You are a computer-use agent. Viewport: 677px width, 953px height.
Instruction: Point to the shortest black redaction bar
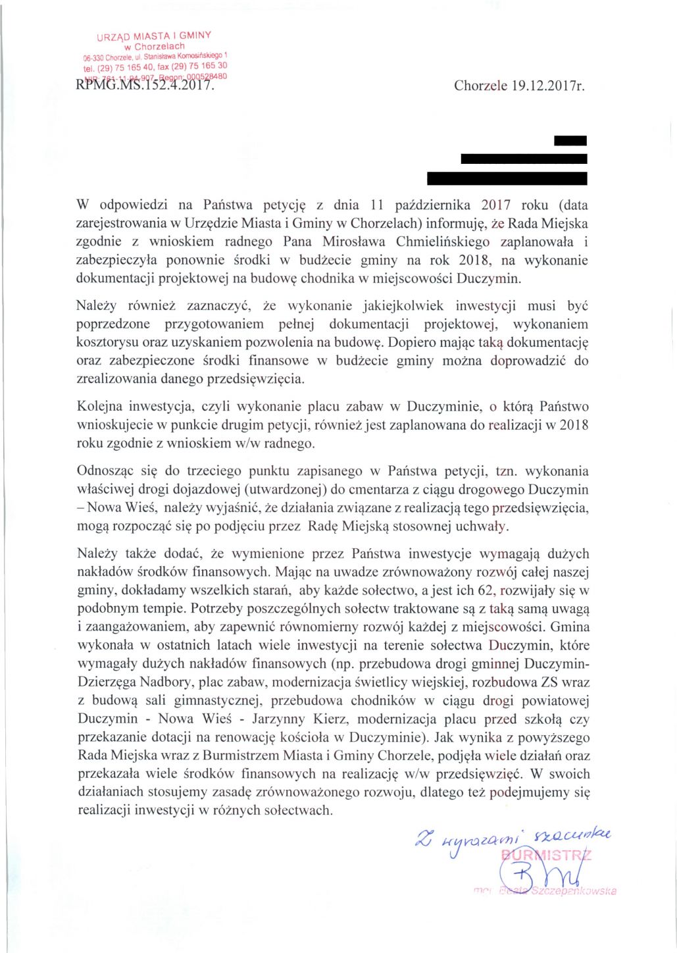tap(570, 140)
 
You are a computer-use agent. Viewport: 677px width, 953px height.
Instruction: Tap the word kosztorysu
tap(109, 342)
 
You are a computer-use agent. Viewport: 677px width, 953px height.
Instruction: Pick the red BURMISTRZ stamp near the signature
tap(546, 856)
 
